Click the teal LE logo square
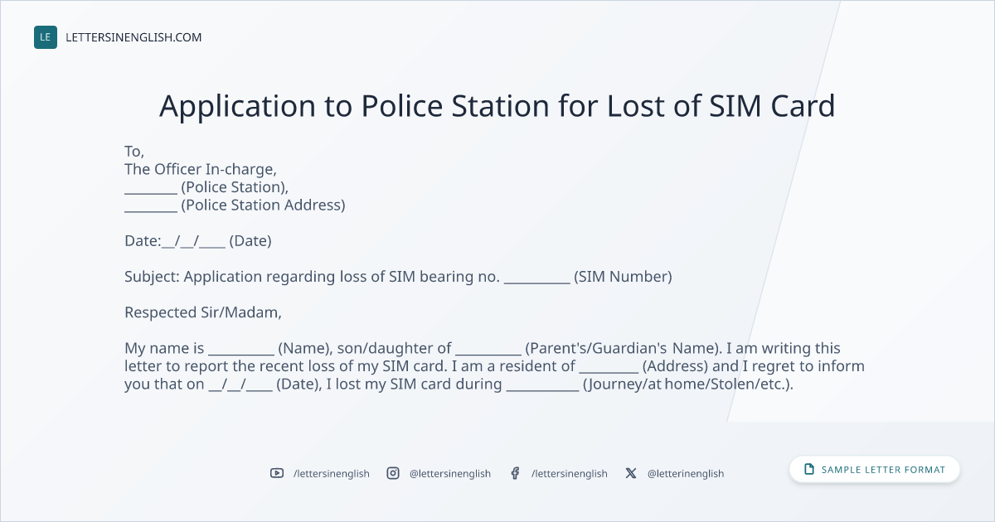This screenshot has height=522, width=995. (46, 37)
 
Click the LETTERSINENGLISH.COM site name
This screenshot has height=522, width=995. (133, 37)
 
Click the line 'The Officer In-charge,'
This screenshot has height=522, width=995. (201, 170)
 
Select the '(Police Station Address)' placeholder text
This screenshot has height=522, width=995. (263, 205)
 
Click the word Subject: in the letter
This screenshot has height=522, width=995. (152, 277)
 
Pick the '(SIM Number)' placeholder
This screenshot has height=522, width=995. (623, 277)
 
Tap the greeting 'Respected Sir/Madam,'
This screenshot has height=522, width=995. (203, 312)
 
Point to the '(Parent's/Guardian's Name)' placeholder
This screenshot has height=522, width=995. (624, 349)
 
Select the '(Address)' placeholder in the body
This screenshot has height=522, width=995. (675, 366)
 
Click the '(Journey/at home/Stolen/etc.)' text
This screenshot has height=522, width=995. (688, 384)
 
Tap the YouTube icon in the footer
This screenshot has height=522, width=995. (277, 473)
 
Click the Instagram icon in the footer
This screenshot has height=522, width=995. (393, 473)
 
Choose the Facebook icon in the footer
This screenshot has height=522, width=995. (515, 473)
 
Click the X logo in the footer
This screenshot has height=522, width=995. (631, 473)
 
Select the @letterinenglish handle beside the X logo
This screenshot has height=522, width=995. (686, 474)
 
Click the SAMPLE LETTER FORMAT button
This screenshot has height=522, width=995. (875, 469)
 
